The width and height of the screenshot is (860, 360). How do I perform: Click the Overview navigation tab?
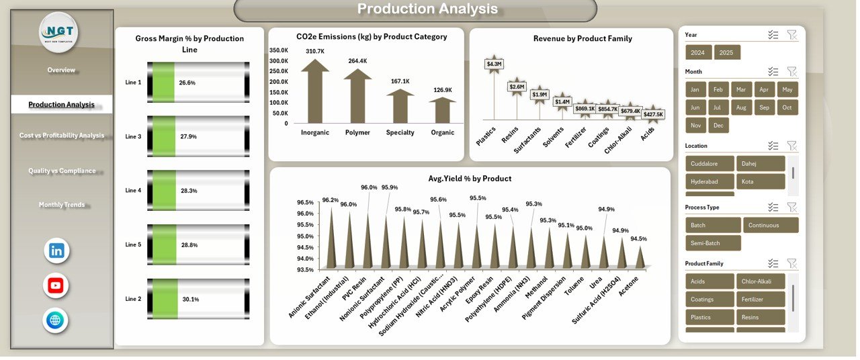(x=61, y=70)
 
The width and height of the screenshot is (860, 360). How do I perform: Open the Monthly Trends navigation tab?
(x=61, y=205)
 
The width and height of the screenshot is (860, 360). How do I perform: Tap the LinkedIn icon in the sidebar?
(x=56, y=251)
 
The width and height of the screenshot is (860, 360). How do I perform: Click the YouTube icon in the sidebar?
(x=56, y=285)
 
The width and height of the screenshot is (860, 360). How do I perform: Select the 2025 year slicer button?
(x=727, y=52)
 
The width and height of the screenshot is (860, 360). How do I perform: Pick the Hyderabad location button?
(x=709, y=181)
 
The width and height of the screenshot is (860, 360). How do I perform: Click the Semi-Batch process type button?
(x=713, y=243)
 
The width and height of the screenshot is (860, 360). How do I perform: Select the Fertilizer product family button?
(x=761, y=300)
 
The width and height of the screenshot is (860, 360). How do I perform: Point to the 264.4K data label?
(x=357, y=61)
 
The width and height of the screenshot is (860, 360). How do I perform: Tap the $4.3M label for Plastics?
(x=494, y=64)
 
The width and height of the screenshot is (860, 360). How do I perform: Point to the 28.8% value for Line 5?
(x=189, y=245)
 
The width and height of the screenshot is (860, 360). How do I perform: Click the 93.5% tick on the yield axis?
(x=305, y=270)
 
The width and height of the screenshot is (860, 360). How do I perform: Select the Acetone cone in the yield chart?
(x=640, y=257)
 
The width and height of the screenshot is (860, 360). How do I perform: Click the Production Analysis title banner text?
(x=427, y=9)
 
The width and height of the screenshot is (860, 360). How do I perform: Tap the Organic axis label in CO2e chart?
(x=443, y=132)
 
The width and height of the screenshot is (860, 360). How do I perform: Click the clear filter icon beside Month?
(x=792, y=71)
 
